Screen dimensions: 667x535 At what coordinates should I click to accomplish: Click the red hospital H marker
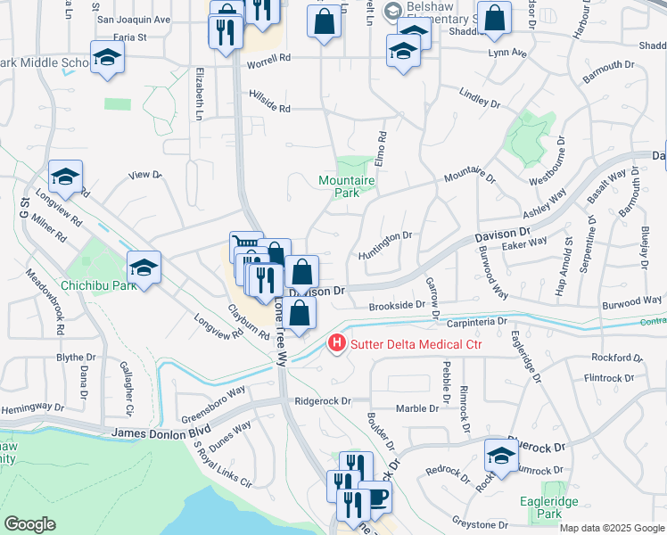[x=336, y=342]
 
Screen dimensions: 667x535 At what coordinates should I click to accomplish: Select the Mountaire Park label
[x=347, y=185]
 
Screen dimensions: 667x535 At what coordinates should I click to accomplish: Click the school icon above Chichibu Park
[x=143, y=267]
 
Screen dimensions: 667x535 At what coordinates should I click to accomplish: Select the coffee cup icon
[x=375, y=496]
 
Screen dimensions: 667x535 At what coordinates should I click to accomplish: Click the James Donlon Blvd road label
[x=161, y=432]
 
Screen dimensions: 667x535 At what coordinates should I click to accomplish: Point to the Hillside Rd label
[x=270, y=102]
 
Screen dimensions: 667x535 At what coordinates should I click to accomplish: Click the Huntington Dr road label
[x=386, y=241]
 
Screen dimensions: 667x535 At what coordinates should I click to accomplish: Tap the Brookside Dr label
[x=397, y=305]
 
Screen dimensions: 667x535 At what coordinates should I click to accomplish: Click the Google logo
[x=29, y=524]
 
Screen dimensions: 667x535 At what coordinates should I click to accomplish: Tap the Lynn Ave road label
[x=507, y=53]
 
